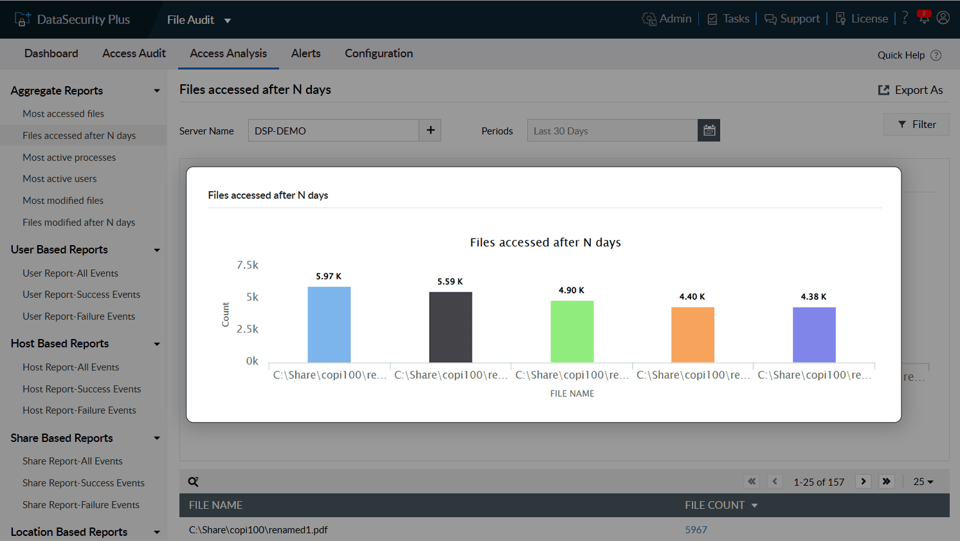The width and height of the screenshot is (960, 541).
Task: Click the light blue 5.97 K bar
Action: [329, 325]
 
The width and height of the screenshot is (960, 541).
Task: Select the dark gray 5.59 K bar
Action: [450, 327]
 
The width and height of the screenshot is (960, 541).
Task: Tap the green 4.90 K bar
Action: [572, 332]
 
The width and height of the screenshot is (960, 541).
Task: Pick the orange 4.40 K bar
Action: [693, 335]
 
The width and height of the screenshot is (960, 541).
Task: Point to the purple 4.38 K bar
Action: [814, 335]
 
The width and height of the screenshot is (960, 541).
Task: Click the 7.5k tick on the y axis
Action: [248, 265]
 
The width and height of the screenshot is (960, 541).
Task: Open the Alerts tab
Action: [306, 53]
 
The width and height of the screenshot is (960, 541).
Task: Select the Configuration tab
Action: [379, 53]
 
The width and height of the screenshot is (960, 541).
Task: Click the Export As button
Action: [910, 90]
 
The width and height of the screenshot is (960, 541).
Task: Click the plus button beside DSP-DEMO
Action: [430, 131]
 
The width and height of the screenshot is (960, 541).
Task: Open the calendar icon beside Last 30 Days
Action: [709, 131]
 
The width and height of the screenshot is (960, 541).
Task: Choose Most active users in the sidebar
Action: [60, 179]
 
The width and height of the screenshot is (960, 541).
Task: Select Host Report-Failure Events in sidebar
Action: [79, 410]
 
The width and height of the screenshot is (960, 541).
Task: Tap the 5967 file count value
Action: [696, 530]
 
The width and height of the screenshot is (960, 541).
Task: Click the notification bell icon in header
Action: [924, 18]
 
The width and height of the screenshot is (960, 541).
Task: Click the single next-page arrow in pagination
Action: [864, 481]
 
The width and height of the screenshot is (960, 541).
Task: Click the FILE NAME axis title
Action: [572, 394]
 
